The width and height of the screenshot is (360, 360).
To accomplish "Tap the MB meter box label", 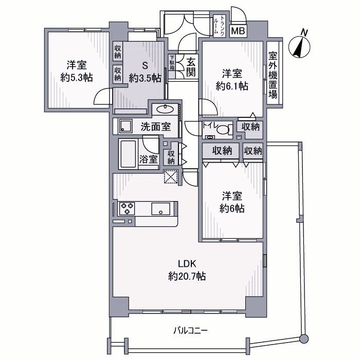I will coord(238,31).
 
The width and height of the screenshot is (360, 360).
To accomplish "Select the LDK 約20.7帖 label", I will coord(187,270).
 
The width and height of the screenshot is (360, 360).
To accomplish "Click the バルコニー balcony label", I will coord(190,330).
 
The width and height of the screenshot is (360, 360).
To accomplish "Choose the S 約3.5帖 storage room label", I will coord(145,71).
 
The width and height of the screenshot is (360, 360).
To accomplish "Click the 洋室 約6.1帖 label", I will coord(232,80).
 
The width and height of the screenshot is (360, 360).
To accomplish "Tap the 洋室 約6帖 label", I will coord(232,202).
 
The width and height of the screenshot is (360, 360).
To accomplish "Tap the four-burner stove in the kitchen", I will coord(127,208).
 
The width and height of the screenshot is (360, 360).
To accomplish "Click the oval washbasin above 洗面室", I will coord(165,109).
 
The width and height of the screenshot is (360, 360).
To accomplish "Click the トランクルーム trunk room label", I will coord(219,24).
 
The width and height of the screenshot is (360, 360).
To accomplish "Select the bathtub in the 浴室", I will coord(129,154).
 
